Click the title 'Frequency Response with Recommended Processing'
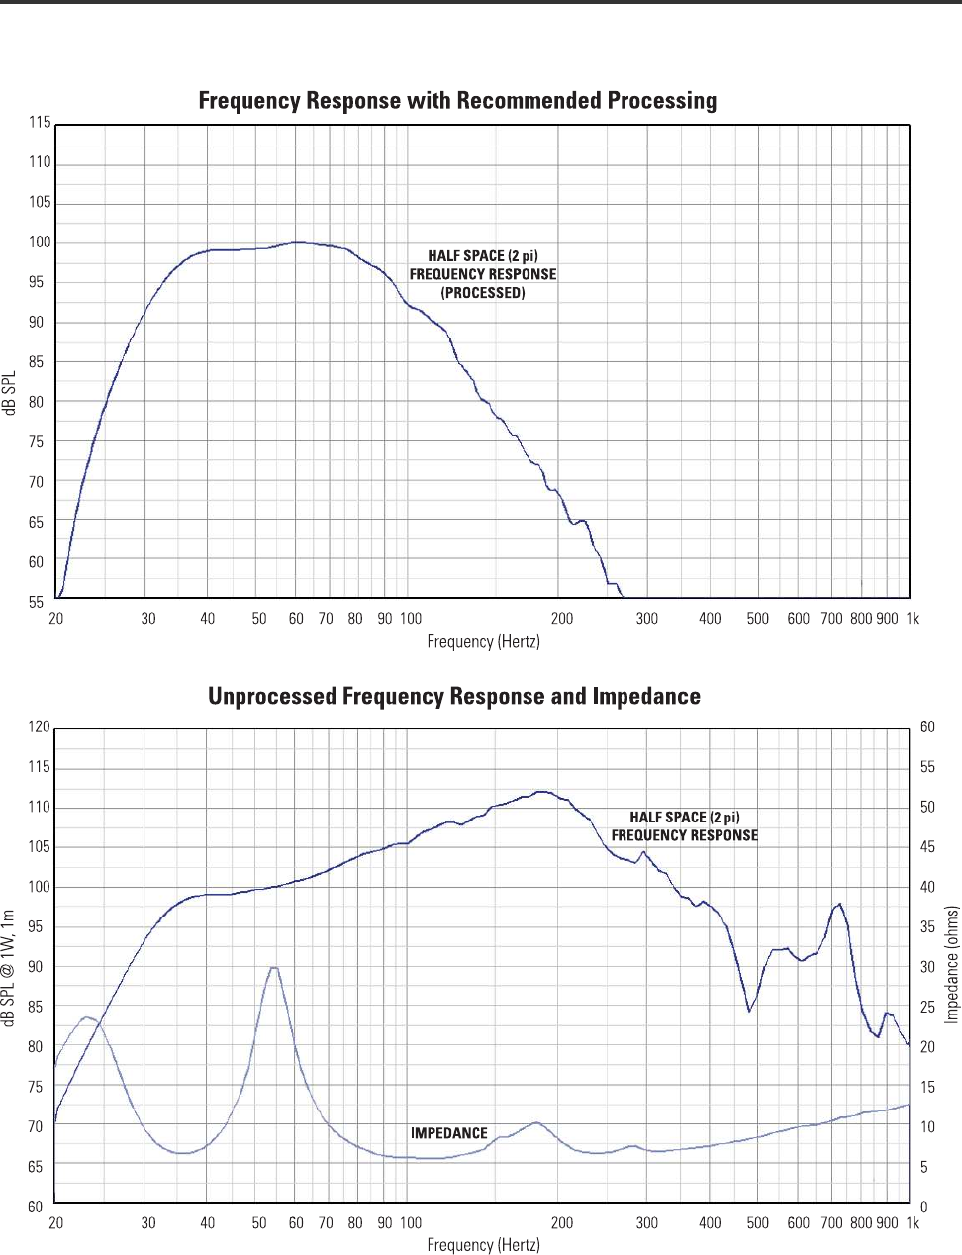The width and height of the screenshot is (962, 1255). (457, 101)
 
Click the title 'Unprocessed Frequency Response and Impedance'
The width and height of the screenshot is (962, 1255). (454, 697)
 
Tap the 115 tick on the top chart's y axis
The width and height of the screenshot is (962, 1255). (40, 123)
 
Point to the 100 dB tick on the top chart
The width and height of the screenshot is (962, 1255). (40, 242)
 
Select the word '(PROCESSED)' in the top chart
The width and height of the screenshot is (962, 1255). (483, 293)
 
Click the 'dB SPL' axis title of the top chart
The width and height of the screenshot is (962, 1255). (11, 393)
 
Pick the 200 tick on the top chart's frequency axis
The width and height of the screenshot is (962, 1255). (562, 619)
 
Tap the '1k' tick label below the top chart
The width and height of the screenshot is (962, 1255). (913, 619)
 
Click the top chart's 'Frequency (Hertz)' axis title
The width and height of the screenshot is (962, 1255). (483, 642)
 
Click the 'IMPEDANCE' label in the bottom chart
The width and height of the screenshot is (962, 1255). (449, 1133)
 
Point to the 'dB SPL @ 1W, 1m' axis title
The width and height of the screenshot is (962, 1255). (11, 968)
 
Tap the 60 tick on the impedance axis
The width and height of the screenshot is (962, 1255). (927, 727)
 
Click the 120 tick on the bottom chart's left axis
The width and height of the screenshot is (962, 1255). (39, 727)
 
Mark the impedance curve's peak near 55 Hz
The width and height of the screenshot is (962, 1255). (273, 967)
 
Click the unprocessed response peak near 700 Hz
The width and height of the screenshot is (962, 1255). (839, 904)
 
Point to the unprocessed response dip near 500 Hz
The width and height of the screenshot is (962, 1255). (750, 1011)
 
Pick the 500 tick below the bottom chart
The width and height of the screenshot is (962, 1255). (758, 1223)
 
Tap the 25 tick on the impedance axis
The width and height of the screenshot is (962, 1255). (927, 1008)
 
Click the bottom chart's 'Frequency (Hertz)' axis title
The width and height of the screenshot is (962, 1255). (483, 1245)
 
